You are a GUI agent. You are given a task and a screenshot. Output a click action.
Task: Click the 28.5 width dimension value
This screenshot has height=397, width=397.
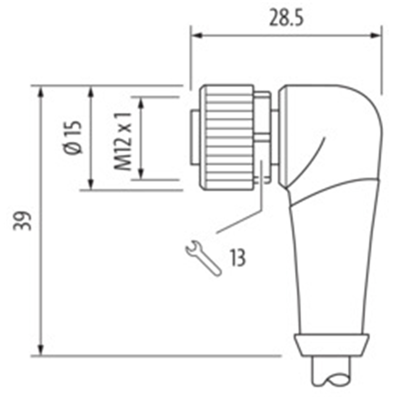286,17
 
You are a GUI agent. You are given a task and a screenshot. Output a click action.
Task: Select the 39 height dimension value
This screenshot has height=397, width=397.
22,221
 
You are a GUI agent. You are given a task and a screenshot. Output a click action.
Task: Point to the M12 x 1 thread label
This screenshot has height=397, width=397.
123,141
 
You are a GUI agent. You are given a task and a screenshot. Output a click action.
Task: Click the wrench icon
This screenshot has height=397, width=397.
203,259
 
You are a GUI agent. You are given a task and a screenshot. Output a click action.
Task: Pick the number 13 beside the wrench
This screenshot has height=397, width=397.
238,258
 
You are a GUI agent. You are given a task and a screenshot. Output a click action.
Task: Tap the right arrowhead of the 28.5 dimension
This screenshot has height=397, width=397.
376,35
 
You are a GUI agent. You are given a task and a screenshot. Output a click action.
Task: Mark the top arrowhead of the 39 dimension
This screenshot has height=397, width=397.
41,92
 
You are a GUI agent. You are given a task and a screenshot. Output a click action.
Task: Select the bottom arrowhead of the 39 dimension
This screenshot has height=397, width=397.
41,350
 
